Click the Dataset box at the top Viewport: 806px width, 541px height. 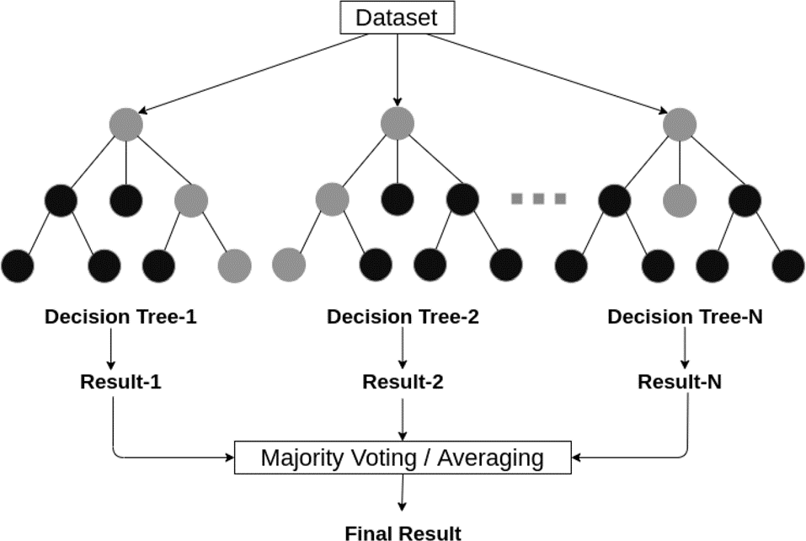[x=398, y=18]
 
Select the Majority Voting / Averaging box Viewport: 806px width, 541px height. [x=403, y=458]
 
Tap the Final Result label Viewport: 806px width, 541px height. [x=403, y=533]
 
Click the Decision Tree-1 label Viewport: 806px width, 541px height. [x=120, y=317]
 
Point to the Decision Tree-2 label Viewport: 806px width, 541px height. [x=403, y=317]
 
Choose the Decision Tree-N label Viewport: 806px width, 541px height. [x=686, y=317]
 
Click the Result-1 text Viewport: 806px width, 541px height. [x=120, y=382]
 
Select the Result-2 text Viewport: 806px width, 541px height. [x=403, y=382]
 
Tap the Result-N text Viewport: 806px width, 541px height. [x=680, y=382]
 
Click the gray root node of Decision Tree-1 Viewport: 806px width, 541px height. [x=126, y=125]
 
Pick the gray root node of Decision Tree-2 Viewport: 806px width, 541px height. [x=398, y=124]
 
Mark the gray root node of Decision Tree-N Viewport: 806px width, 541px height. [x=680, y=125]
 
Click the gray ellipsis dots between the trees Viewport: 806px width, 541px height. [x=538, y=199]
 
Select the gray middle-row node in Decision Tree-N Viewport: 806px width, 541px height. [x=680, y=200]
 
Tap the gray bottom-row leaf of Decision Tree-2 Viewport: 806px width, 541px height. [x=289, y=265]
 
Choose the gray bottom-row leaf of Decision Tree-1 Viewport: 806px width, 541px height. [x=234, y=265]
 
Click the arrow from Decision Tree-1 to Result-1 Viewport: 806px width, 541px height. [x=110, y=348]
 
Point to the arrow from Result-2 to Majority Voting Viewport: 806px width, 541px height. [x=403, y=419]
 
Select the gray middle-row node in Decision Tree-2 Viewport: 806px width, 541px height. [x=332, y=200]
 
